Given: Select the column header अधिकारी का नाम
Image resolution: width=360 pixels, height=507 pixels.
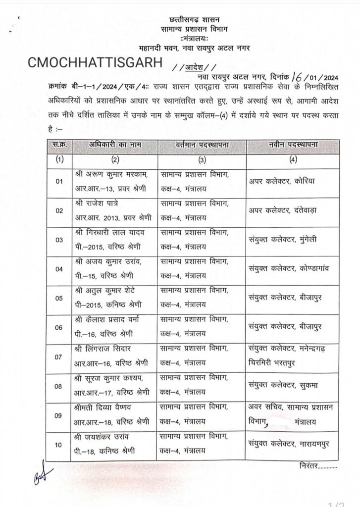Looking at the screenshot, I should pyautogui.click(x=116, y=145).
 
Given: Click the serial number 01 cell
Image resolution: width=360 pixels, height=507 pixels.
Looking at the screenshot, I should pyautogui.click(x=59, y=182).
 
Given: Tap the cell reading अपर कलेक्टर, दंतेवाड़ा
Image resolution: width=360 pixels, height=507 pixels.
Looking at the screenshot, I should pyautogui.click(x=282, y=211).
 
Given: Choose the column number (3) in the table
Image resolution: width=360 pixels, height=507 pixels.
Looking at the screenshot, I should pyautogui.click(x=202, y=160).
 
